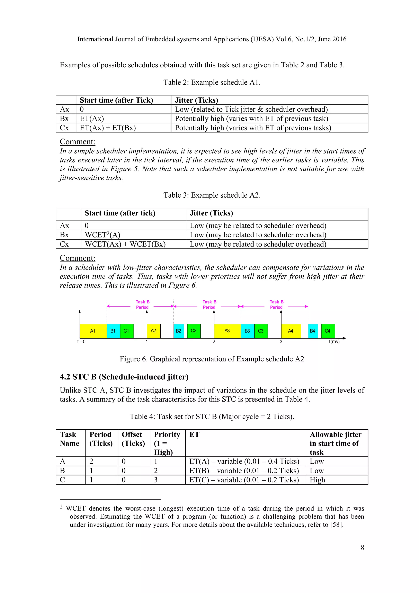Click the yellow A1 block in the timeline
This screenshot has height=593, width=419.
point(93,331)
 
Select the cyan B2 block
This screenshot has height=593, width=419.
point(179,331)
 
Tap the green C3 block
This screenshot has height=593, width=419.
point(261,331)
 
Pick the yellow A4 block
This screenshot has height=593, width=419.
point(291,331)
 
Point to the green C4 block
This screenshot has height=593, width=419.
point(328,331)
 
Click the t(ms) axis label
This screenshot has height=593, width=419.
point(334,342)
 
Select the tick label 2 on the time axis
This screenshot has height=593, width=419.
point(214,342)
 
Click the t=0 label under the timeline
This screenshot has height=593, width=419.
point(81,342)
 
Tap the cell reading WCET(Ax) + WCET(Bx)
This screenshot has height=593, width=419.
point(125,244)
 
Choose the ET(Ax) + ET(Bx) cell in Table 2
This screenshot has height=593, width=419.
point(108,128)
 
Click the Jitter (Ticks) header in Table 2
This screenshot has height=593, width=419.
point(196,100)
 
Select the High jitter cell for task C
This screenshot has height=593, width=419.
point(317,480)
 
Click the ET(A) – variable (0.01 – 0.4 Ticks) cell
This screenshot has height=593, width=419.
point(244,462)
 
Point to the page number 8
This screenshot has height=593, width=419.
point(362,548)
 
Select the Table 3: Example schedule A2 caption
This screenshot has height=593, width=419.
point(212,195)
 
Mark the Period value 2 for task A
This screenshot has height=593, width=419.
point(91,462)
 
